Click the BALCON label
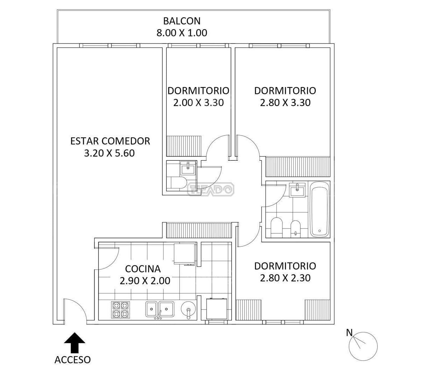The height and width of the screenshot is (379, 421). [x=182, y=21]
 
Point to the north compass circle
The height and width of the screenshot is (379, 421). [x=363, y=346]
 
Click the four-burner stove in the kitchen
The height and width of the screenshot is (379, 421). [x=120, y=310]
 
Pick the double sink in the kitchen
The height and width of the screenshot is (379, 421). [x=160, y=309]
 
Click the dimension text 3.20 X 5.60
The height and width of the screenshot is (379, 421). [x=109, y=153]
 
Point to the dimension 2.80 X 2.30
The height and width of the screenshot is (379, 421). [x=285, y=278]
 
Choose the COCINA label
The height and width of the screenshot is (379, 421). [x=143, y=269]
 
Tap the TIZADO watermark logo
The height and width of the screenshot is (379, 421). [x=210, y=189]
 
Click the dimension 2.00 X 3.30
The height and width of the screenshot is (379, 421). [x=198, y=103]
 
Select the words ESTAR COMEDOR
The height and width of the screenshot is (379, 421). [x=110, y=141]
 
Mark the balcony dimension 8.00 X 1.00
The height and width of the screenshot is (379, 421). [x=182, y=33]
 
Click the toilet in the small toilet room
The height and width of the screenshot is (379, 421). [x=178, y=183]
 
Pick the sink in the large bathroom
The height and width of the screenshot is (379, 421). [x=297, y=190]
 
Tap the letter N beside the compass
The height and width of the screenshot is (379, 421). [x=349, y=333]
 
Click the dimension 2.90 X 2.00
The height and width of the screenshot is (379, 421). [x=145, y=281]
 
